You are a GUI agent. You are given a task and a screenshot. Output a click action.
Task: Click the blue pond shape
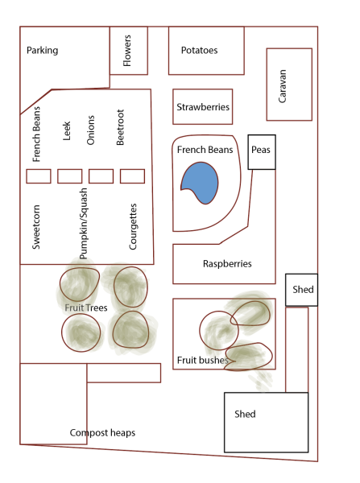[201, 183]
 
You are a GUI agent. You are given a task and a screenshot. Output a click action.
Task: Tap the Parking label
[42, 50]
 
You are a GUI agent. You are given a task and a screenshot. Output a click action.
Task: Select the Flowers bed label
[127, 51]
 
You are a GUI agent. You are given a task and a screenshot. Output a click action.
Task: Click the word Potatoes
[199, 50]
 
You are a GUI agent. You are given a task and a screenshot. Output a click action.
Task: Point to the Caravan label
[283, 86]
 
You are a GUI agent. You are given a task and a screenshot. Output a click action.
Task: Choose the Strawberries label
[203, 107]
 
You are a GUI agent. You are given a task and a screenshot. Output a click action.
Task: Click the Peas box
[262, 152]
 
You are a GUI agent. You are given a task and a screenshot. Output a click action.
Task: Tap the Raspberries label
[227, 264]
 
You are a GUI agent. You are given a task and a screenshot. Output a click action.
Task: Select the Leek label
[67, 131]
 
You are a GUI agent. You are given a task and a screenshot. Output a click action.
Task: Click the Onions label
[90, 130]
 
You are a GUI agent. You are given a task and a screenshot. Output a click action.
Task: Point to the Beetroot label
[120, 127]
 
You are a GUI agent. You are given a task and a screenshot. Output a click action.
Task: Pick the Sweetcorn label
[36, 227]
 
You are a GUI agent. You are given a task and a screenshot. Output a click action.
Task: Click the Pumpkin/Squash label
[83, 224]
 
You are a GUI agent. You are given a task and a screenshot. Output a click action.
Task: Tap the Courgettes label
[133, 226]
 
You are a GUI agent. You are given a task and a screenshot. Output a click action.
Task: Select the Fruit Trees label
[86, 308]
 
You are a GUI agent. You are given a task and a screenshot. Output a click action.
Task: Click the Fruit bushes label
[202, 360]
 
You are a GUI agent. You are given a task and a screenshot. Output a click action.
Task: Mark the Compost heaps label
[102, 433]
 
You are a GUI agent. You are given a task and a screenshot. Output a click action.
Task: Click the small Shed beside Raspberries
[301, 290]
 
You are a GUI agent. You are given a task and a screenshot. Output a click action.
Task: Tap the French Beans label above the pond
[205, 150]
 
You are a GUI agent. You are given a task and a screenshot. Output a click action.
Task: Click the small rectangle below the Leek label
[69, 176]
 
